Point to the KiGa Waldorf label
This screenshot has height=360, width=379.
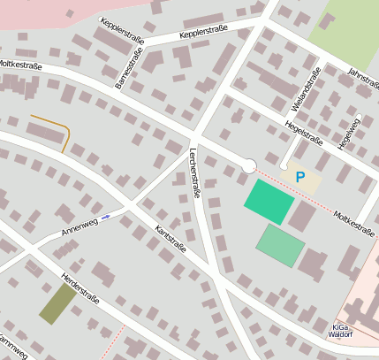click(341, 329)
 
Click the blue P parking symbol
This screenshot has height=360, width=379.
click(300, 177)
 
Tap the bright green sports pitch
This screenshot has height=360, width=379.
click(269, 202)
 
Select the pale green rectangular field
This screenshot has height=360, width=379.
click(281, 245)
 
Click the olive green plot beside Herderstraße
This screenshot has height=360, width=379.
click(57, 303)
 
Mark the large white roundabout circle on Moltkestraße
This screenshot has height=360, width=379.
click(249, 166)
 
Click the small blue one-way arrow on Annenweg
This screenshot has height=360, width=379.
click(106, 216)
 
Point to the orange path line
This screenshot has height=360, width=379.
click(58, 128)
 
